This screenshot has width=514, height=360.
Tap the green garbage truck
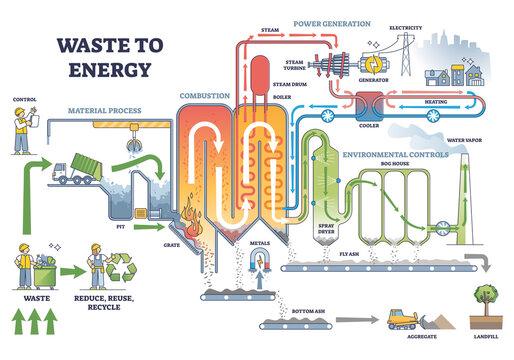click(x=75, y=173)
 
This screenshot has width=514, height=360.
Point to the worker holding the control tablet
click(x=20, y=130)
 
